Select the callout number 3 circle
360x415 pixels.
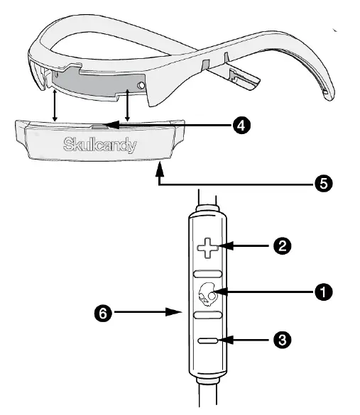[x=283, y=340]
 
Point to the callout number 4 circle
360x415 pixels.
[x=241, y=124]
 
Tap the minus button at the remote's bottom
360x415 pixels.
[x=208, y=341]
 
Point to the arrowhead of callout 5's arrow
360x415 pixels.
[x=159, y=167]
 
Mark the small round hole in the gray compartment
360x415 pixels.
[x=142, y=86]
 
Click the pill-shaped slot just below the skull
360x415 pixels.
[x=208, y=313]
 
